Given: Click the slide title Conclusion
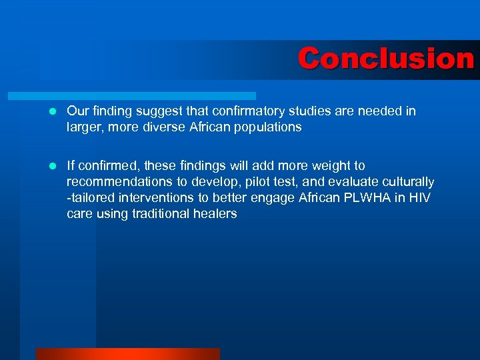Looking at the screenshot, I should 385,59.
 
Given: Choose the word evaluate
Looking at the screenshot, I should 341,182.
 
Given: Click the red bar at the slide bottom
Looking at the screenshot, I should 127,354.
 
